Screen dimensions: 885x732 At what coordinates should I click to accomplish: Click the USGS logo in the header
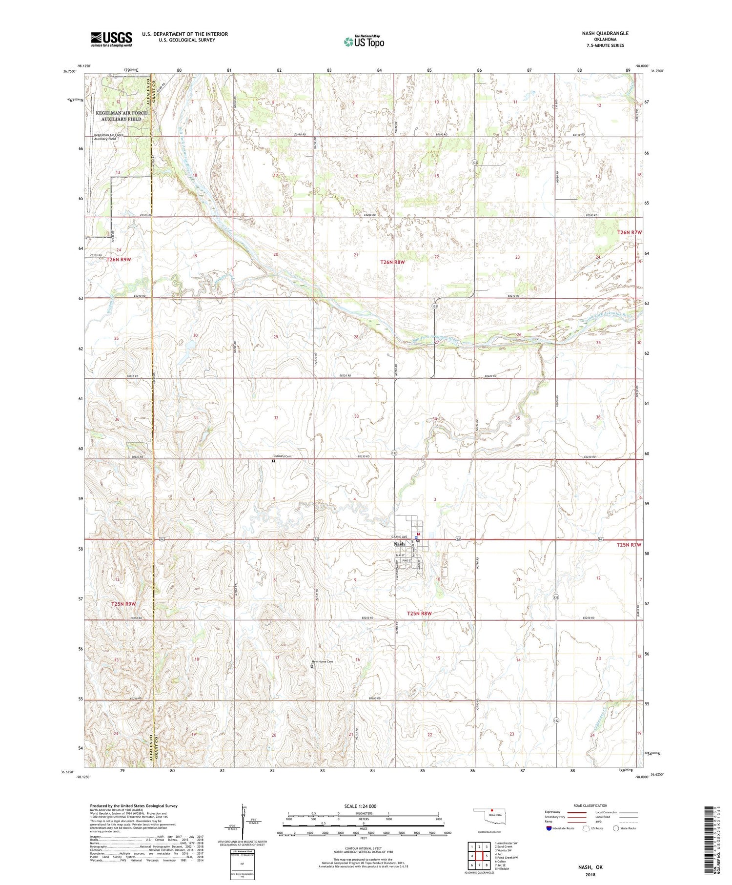point(111,39)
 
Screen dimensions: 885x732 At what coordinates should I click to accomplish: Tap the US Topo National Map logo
point(364,41)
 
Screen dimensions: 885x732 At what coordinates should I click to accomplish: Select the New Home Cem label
point(323,661)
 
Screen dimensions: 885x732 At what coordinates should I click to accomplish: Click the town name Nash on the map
point(399,544)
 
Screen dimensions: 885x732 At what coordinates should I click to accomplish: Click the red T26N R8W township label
point(392,263)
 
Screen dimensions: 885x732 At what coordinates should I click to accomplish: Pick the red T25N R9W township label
point(122,604)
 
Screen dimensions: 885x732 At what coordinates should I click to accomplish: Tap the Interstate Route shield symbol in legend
point(549,828)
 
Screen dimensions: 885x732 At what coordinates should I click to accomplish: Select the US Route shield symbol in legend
point(586,828)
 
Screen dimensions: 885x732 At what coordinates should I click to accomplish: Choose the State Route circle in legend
point(616,828)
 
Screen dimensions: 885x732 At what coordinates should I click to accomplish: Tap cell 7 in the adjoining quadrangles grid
point(479,865)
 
